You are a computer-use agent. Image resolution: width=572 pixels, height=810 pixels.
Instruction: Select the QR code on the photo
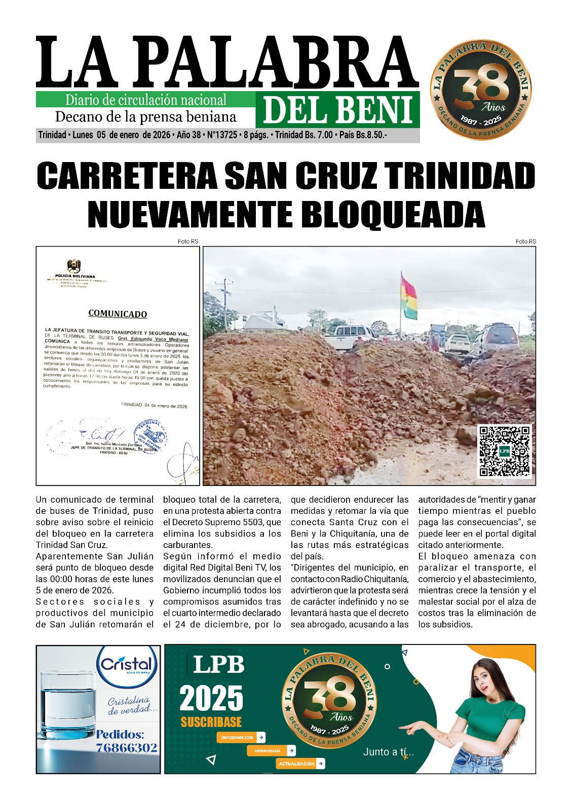[x=505, y=451]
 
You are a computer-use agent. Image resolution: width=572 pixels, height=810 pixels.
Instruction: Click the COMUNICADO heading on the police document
[x=118, y=313]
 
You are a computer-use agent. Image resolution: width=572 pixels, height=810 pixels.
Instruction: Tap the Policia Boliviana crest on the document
[x=74, y=266]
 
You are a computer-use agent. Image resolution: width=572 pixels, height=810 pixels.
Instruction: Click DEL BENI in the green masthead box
[x=337, y=110]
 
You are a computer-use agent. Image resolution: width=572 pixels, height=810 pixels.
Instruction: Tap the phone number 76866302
[x=127, y=748]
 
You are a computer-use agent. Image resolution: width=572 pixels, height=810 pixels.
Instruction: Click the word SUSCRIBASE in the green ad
[x=211, y=722]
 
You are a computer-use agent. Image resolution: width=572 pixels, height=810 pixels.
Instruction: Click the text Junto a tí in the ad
[x=388, y=752]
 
